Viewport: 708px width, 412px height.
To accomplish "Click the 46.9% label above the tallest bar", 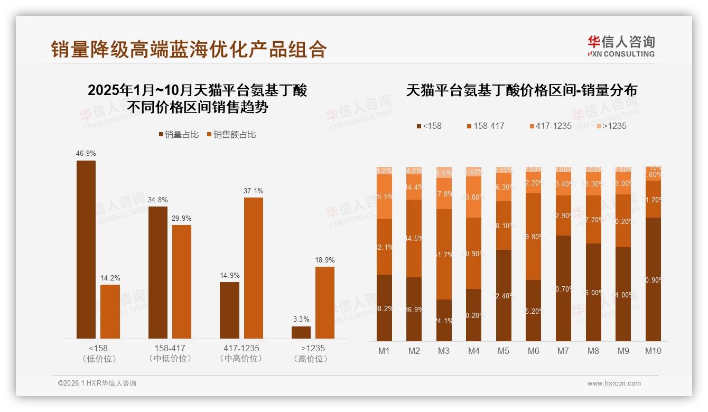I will click(86, 154).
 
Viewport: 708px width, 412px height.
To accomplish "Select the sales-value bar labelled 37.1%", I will click(253, 268).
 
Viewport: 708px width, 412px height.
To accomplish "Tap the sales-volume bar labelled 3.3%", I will click(301, 332).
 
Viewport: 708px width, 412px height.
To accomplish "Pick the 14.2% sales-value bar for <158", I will click(110, 312).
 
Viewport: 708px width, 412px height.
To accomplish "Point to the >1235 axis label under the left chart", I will click(313, 349).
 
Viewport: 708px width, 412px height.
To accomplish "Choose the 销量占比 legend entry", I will click(179, 135).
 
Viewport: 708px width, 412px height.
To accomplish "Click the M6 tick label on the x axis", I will click(534, 351).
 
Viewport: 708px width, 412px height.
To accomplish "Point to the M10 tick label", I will click(653, 351).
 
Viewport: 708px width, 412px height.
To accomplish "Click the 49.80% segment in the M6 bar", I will click(534, 237).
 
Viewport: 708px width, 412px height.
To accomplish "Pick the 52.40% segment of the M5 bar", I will click(504, 295).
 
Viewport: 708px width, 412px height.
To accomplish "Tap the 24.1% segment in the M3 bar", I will click(444, 320).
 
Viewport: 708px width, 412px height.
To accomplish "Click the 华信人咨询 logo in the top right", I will click(621, 46).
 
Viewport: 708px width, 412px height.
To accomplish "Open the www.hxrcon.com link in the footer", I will click(614, 383).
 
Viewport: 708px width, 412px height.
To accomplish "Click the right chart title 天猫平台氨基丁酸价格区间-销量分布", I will click(521, 90).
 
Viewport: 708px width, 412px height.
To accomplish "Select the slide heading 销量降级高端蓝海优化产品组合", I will click(189, 49).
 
